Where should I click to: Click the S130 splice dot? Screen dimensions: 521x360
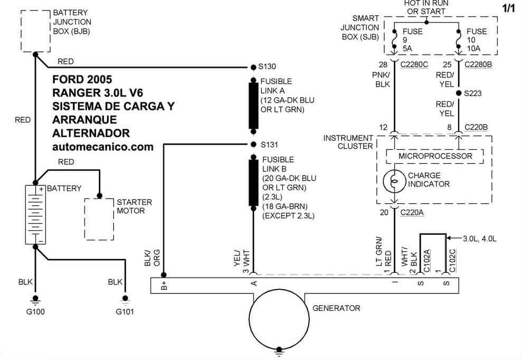pyautogui.click(x=253, y=67)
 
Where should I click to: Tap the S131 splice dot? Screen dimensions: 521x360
pyautogui.click(x=253, y=144)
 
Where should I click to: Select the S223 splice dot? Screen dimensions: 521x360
pyautogui.click(x=459, y=93)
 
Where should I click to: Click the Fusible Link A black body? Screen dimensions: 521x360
pyautogui.click(x=253, y=106)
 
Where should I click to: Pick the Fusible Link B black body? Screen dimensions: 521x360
pyautogui.click(x=253, y=183)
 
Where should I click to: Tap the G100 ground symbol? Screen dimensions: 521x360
pyautogui.click(x=35, y=300)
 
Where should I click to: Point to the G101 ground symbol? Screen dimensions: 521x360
pyautogui.click(x=125, y=300)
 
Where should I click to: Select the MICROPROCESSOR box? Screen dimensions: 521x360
pyautogui.click(x=434, y=156)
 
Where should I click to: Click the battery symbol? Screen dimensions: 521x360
pyautogui.click(x=35, y=215)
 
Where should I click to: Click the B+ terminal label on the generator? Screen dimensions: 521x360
pyautogui.click(x=164, y=286)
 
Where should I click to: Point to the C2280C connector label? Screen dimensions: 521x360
pyautogui.click(x=414, y=64)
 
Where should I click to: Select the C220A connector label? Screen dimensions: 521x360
pyautogui.click(x=412, y=213)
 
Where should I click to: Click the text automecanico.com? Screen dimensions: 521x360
pyautogui.click(x=103, y=147)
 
